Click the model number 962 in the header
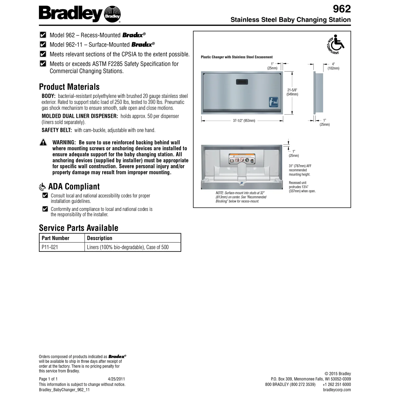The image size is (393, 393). tap(342, 9)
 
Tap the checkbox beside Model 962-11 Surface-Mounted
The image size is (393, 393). tap(43, 45)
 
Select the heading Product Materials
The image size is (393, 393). tap(69, 87)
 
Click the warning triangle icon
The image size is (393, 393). tap(43, 142)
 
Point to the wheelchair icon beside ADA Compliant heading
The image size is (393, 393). tap(42, 187)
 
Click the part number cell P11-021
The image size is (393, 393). tap(50, 247)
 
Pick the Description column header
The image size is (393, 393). tap(100, 238)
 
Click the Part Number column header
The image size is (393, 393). tap(55, 238)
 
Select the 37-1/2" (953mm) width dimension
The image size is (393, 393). tap(244, 121)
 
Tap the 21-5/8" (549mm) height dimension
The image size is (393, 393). tap(292, 92)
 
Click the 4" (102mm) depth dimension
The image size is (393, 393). tap(333, 66)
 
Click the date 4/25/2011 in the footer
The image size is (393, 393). tap(116, 379)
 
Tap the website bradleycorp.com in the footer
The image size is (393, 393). tap(337, 390)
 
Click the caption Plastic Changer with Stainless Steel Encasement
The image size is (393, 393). tap(236, 57)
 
